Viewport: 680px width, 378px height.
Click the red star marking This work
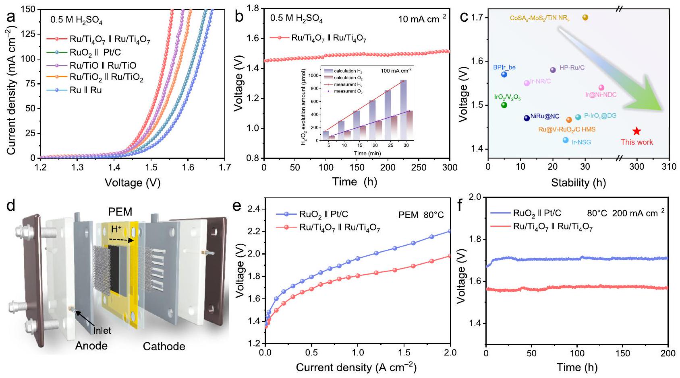coord(636,131)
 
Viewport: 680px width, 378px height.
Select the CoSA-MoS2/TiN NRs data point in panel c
coord(585,17)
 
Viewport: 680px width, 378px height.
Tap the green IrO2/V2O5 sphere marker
coord(504,105)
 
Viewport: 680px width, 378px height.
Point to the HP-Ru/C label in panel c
coord(572,68)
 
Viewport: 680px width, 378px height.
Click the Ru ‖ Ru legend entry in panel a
coord(85,90)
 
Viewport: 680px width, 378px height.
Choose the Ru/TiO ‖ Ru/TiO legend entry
coord(103,65)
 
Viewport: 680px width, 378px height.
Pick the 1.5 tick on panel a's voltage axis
coord(151,167)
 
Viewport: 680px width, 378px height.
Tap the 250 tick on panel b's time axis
coord(419,167)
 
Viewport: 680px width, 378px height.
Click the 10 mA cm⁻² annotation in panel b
coord(422,19)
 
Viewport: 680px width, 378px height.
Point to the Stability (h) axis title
coord(578,183)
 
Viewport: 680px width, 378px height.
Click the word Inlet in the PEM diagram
coord(102,331)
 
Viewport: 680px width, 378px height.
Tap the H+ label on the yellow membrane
coord(116,229)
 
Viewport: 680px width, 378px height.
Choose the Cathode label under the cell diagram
coord(164,346)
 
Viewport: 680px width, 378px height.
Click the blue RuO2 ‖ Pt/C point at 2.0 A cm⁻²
coord(450,231)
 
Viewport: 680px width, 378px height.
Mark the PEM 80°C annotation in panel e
coord(421,215)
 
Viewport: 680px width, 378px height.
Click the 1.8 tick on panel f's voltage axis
coord(476,239)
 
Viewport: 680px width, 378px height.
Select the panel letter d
coord(11,206)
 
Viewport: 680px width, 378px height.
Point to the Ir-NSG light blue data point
coord(566,140)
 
